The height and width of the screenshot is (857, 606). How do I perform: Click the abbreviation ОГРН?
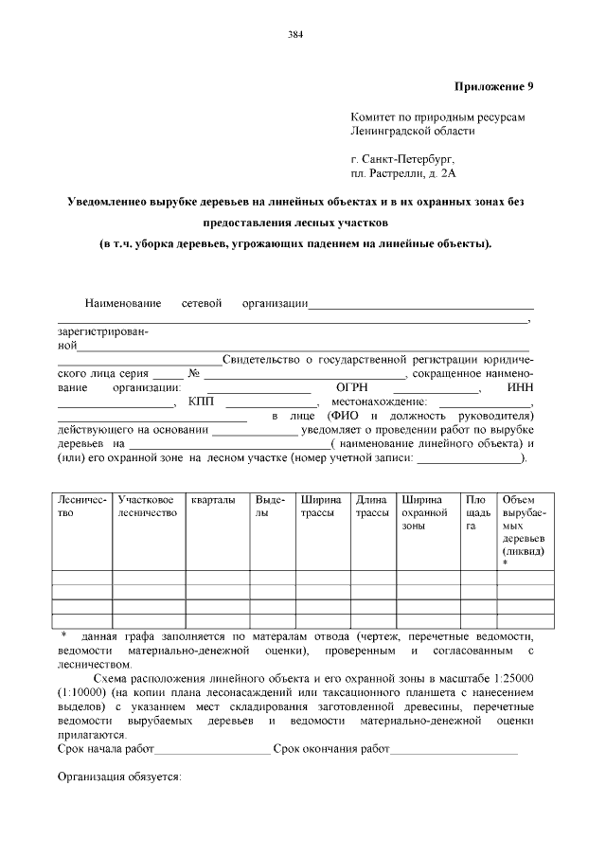click(351, 388)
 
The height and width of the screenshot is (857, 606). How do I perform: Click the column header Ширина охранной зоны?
click(423, 512)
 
